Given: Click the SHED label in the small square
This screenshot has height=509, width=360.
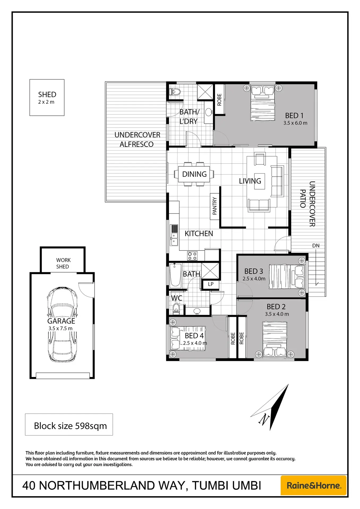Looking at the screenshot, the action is (47, 95).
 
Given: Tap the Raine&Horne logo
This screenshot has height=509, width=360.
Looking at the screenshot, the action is (314, 485).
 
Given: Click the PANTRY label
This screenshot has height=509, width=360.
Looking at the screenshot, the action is (215, 206).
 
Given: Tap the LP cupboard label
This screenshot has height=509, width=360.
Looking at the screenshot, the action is (211, 284).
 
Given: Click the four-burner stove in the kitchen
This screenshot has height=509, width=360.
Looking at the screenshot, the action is (192, 256).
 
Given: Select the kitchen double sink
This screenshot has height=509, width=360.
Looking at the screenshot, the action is (174, 239).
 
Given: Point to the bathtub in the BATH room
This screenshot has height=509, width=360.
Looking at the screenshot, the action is (175, 275).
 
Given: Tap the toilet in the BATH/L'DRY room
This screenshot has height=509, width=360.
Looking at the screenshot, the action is (175, 92).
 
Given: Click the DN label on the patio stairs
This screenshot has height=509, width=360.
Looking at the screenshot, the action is (316, 246).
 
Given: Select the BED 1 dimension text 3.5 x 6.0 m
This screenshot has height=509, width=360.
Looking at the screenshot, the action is (295, 123).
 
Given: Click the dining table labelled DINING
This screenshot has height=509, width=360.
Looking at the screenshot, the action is (194, 174).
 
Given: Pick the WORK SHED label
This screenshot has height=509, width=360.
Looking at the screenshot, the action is (63, 263).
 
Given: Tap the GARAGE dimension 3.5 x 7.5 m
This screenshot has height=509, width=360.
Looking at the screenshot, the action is (60, 328).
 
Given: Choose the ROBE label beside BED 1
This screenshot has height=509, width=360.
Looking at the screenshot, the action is (219, 100).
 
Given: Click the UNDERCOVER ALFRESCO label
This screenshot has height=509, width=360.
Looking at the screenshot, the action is (137, 139).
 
